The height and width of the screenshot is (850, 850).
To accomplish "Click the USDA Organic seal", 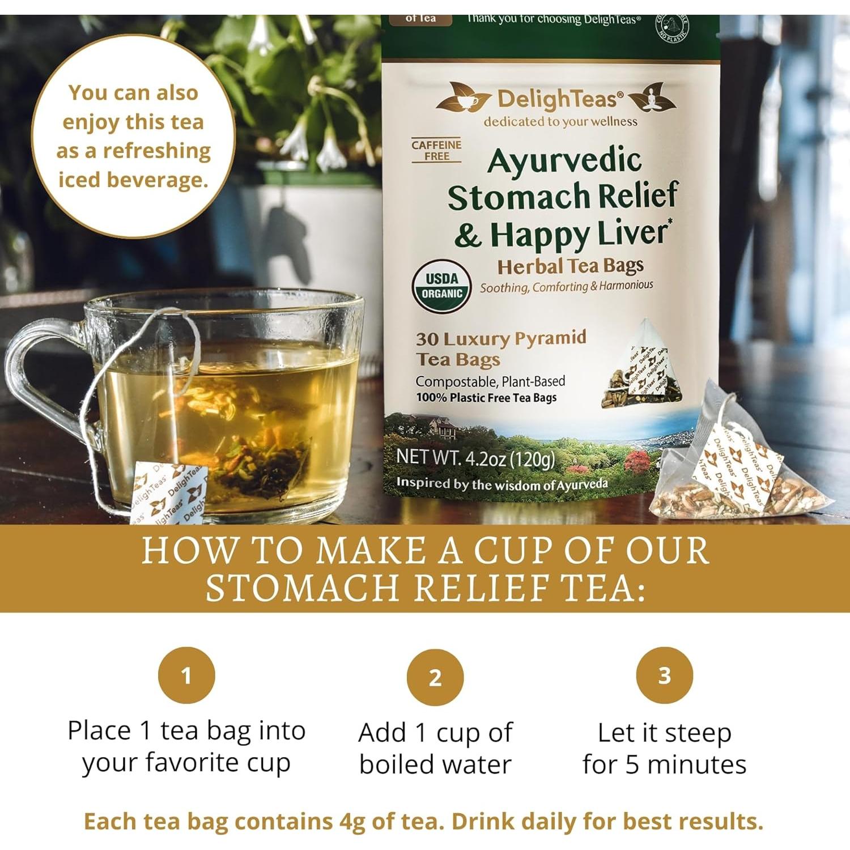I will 441,286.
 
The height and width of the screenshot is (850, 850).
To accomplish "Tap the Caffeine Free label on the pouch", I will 436,150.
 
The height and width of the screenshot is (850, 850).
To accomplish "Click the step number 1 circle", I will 186,675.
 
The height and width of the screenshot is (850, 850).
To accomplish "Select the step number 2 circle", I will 435,677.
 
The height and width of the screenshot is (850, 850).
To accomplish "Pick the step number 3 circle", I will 665,675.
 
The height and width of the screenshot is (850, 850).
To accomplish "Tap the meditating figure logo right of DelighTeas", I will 652,97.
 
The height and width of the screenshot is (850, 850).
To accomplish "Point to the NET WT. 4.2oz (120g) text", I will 475,458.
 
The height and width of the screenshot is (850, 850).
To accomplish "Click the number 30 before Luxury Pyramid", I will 427,339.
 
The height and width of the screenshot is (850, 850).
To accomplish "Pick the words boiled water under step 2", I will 435,764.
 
